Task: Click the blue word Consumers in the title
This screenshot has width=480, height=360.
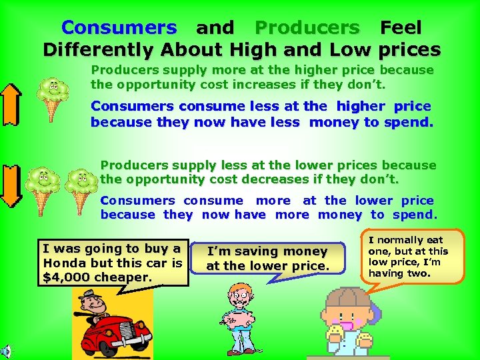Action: coord(119,28)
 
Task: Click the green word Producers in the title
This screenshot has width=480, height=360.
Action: coord(307,28)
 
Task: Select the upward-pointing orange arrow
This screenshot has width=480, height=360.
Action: coord(11,104)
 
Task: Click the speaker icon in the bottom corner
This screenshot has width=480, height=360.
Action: coord(5,352)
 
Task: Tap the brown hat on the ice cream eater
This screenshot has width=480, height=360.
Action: coord(345,299)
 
